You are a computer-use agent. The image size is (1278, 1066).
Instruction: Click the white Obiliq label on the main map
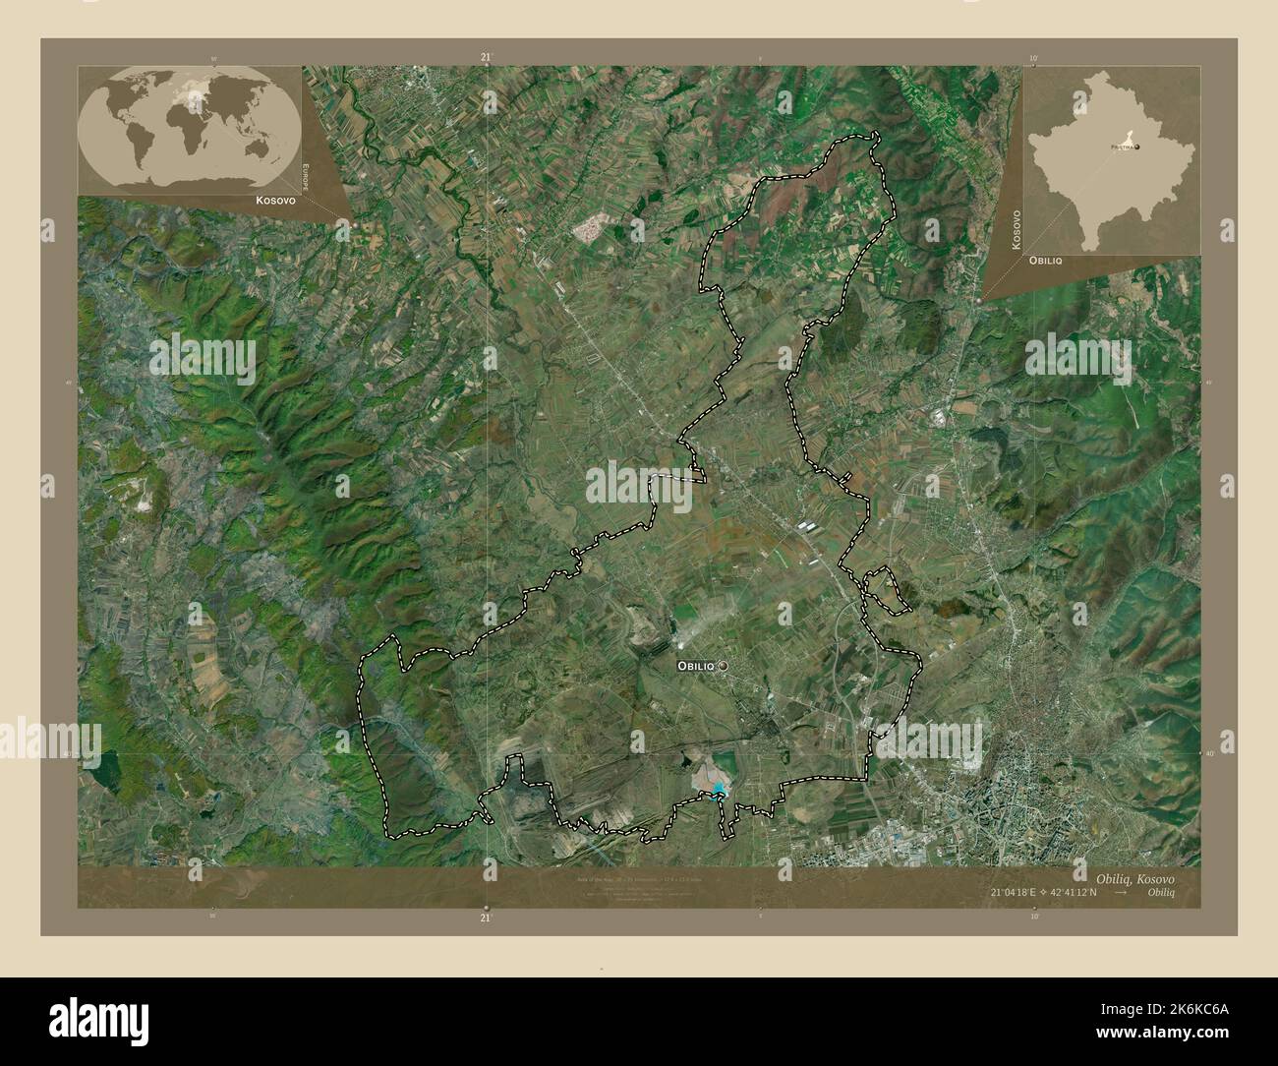coord(696,667)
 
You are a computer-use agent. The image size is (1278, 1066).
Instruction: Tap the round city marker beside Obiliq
coord(725,667)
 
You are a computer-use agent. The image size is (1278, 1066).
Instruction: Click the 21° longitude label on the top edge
coord(486,58)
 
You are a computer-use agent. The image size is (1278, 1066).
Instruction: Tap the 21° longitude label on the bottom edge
coord(486,917)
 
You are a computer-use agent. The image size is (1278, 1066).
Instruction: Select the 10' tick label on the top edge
coord(1032,58)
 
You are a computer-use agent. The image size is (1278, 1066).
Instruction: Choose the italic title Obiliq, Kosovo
coord(1133,875)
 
